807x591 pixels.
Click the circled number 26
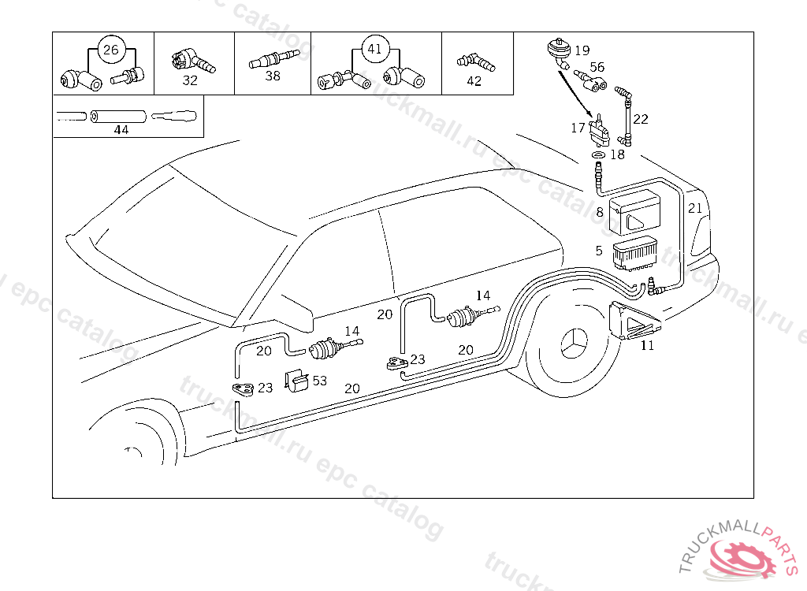click(x=111, y=50)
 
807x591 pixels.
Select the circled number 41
click(x=374, y=49)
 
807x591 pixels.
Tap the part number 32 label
click(x=190, y=80)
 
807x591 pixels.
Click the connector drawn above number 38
click(x=272, y=59)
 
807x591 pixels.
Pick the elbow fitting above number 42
click(x=473, y=61)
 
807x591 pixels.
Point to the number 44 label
click(x=121, y=130)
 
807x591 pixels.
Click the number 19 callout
click(x=582, y=50)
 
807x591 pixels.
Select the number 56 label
click(x=597, y=68)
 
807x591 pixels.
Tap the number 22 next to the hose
click(x=641, y=119)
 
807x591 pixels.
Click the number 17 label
click(x=578, y=127)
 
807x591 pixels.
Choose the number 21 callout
click(x=694, y=208)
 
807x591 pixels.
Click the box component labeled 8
click(x=638, y=211)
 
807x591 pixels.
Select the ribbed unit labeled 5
click(x=634, y=253)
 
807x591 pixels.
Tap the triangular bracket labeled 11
click(x=634, y=321)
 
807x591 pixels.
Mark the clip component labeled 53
click(x=296, y=380)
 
